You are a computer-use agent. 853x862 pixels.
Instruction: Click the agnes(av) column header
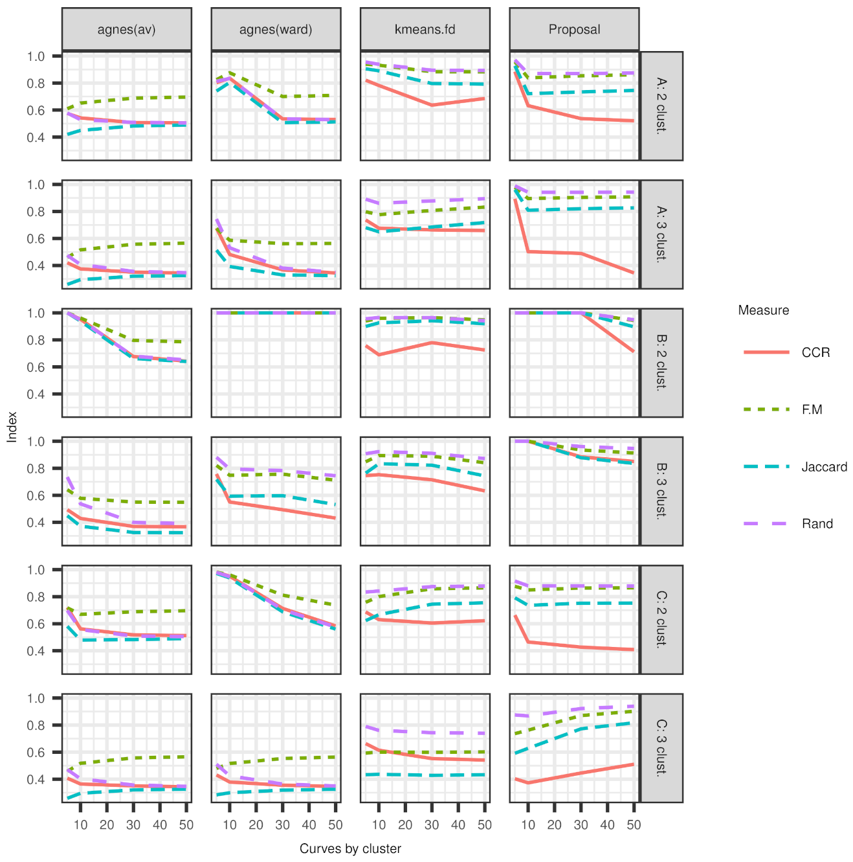[x=126, y=29]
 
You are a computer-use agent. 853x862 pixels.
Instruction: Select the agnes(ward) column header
[x=276, y=29]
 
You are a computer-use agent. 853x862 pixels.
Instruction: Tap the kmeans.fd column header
[x=425, y=29]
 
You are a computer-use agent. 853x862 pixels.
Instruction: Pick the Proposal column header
[x=574, y=29]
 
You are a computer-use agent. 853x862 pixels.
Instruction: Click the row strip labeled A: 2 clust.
[x=661, y=106]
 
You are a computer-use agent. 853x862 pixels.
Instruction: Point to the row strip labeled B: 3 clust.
[x=661, y=491]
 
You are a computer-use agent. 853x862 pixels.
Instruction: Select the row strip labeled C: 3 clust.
[x=661, y=747]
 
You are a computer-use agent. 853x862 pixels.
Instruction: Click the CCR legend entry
[x=815, y=352]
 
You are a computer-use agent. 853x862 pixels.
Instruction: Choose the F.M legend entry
[x=812, y=409]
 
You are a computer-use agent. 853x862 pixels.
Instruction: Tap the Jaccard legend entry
[x=824, y=467]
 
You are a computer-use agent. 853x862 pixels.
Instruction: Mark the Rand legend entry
[x=817, y=524]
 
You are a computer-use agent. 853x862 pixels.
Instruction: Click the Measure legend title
[x=763, y=310]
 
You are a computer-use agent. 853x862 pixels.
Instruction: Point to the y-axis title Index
[x=12, y=427]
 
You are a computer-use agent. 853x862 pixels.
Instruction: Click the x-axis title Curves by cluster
[x=350, y=848]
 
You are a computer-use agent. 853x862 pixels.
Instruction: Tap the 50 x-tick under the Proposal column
[x=634, y=825]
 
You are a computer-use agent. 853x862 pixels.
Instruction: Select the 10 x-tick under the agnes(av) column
[x=80, y=825]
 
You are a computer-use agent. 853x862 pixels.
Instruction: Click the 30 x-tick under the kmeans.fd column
[x=432, y=825]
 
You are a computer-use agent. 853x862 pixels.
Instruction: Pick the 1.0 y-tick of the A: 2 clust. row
[x=36, y=56]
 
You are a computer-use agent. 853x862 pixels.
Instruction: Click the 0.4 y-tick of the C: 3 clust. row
[x=36, y=779]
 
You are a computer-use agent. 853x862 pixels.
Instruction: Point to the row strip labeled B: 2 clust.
[x=661, y=363]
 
